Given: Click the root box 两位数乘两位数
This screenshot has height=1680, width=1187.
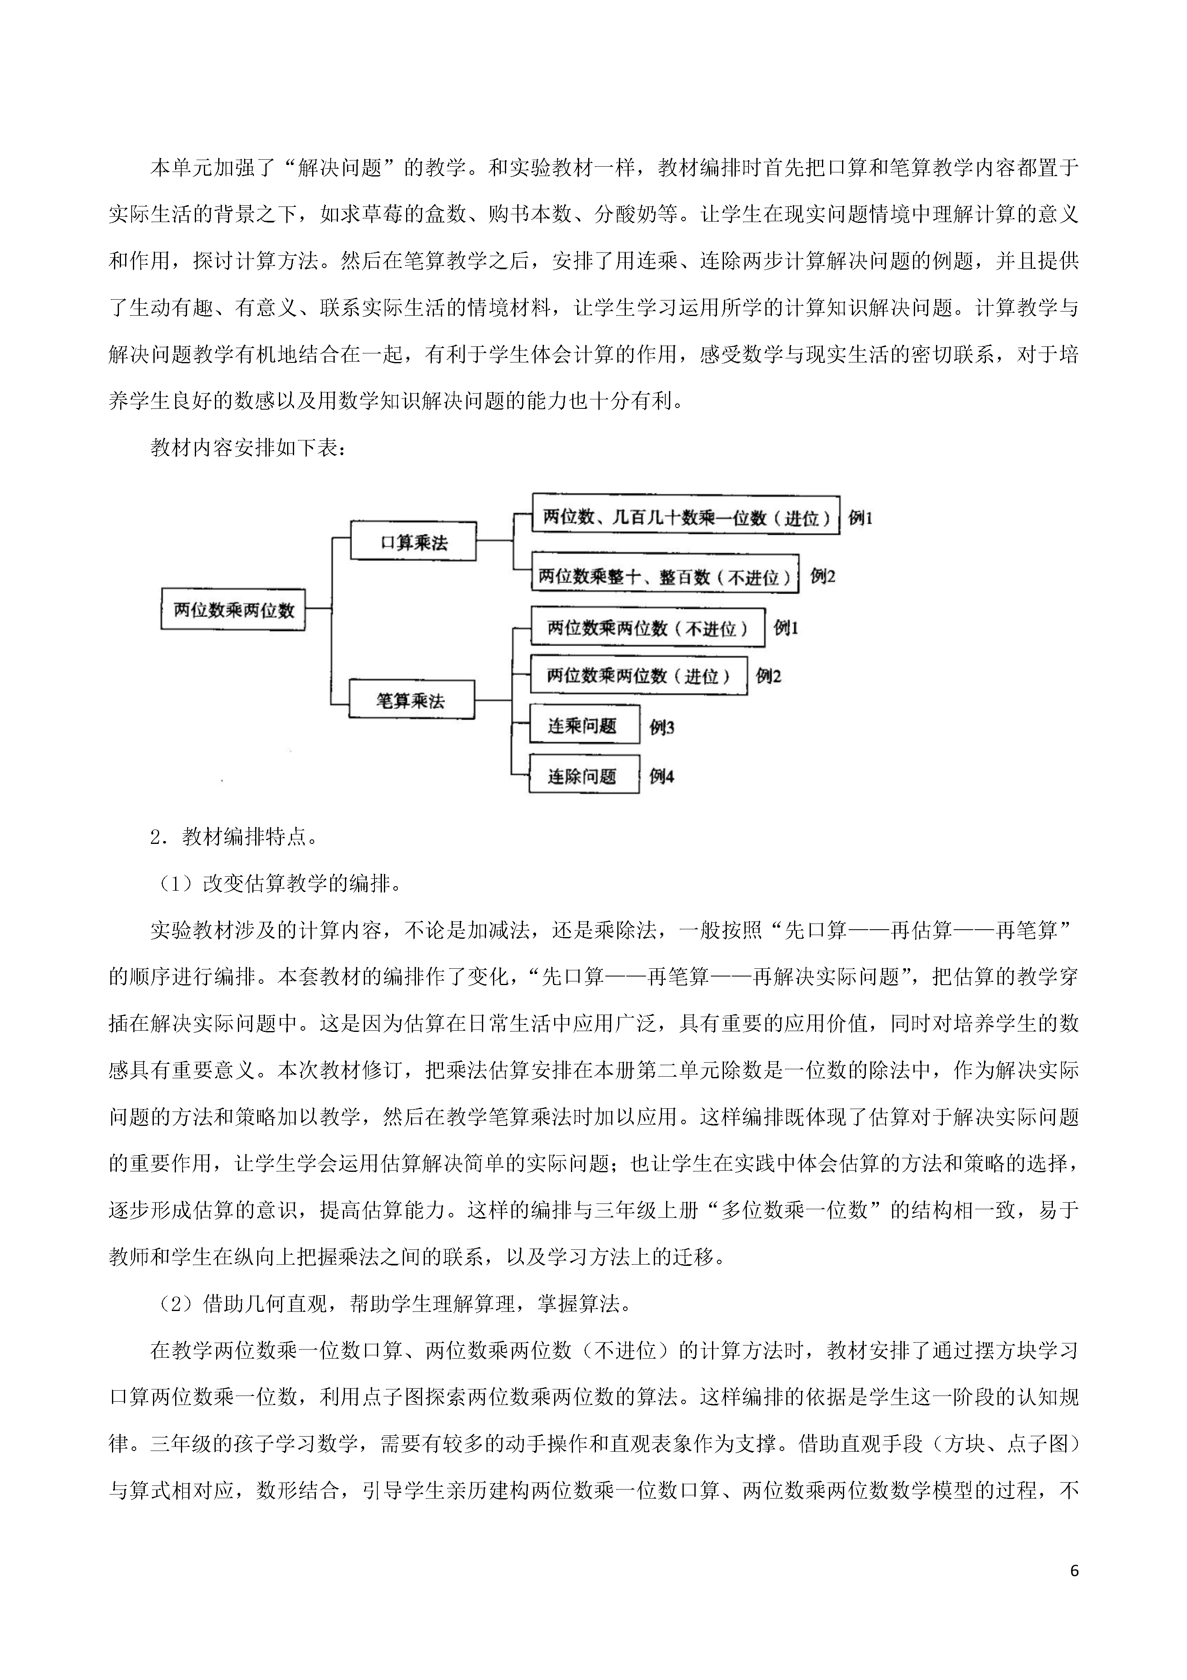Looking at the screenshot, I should pos(233,609).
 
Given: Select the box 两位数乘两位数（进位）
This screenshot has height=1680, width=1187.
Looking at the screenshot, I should pos(639,675).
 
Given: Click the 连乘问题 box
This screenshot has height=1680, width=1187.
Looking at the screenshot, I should pos(584,726).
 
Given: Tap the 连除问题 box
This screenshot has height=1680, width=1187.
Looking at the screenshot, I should pos(584,775).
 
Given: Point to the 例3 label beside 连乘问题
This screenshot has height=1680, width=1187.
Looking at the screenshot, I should pos(662,727).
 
